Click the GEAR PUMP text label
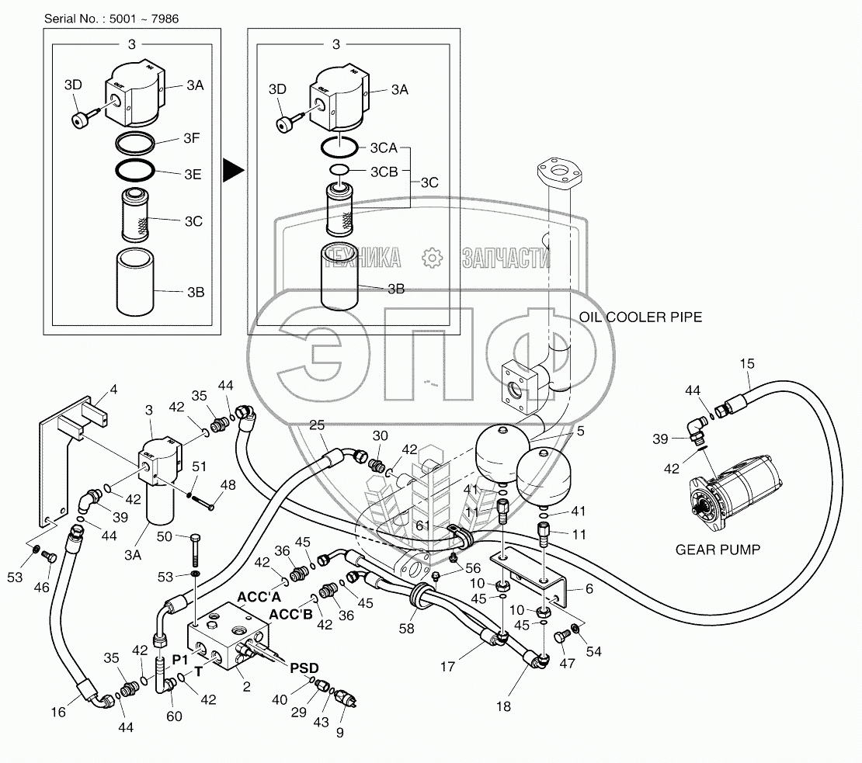(718, 550)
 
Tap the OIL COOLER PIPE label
(641, 317)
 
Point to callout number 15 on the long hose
(746, 363)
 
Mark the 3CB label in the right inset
(384, 171)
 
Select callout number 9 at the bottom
(339, 731)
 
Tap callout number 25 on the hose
(317, 425)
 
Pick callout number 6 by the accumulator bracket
(589, 589)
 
